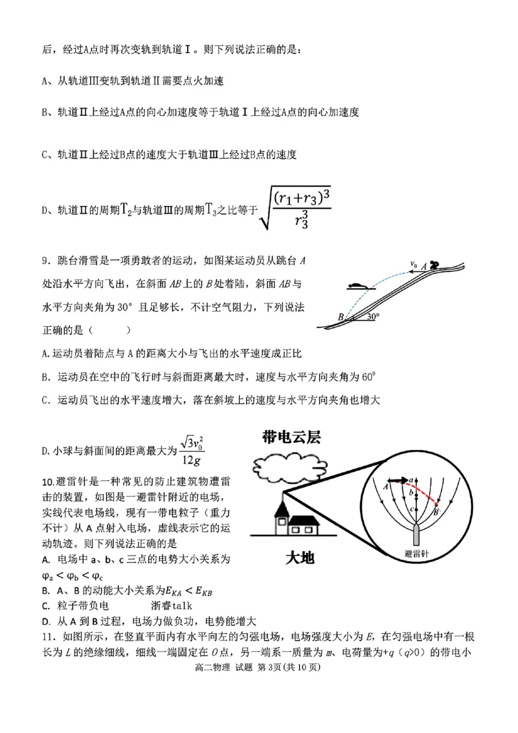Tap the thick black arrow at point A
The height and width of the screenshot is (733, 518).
[400, 481]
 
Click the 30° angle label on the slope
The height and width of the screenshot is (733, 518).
[372, 317]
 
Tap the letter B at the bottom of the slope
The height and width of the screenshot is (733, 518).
[341, 317]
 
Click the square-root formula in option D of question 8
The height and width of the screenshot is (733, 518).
[295, 207]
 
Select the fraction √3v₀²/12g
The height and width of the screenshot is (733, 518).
[191, 450]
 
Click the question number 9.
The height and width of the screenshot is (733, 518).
[45, 261]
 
